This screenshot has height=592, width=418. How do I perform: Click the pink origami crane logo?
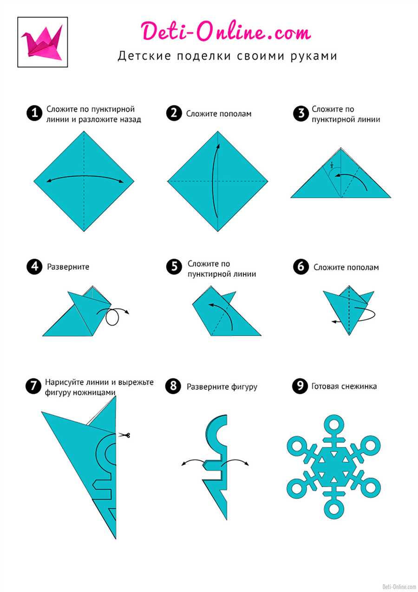pos(42,42)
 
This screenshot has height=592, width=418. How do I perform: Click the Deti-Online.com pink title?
pos(226,31)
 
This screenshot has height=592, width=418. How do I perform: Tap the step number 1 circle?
pos(34,113)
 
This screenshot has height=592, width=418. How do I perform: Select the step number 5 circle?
pos(174,266)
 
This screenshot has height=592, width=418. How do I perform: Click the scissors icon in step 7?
pos(124,435)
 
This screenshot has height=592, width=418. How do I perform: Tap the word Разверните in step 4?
pos(68,266)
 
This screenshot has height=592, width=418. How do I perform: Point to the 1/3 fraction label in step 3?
pos(332,165)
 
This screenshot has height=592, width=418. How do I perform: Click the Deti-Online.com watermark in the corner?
pos(399,586)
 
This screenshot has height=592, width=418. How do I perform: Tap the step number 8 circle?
pos(173,386)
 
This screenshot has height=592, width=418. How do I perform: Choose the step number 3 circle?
pos(300,113)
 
